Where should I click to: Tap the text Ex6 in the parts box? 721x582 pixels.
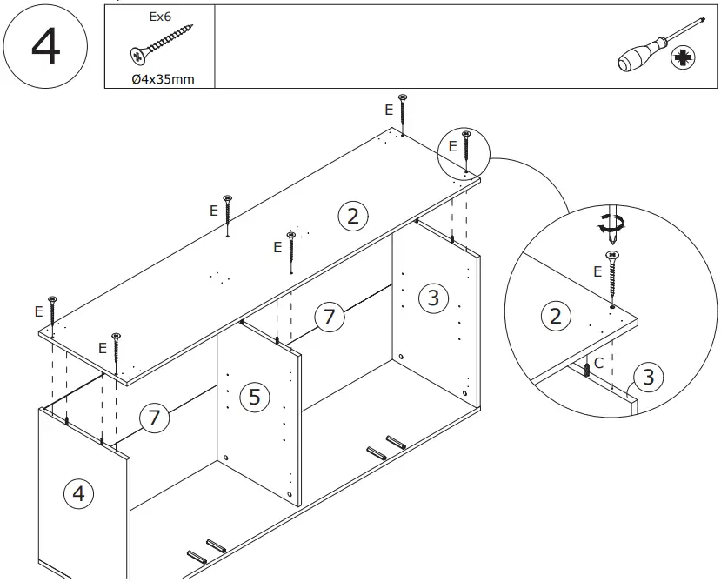click(160, 16)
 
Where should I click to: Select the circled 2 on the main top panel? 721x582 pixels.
click(352, 216)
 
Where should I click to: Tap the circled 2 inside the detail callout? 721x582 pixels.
click(556, 315)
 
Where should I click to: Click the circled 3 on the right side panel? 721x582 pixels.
click(432, 298)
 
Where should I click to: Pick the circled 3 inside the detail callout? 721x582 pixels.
click(647, 378)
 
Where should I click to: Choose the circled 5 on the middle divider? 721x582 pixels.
click(254, 397)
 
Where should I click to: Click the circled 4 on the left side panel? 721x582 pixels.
click(78, 494)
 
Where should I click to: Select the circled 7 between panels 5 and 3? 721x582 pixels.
click(329, 317)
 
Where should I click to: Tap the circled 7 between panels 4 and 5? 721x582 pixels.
click(154, 418)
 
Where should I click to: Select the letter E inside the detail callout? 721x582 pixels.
click(597, 271)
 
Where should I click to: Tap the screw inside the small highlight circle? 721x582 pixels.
click(466, 150)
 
